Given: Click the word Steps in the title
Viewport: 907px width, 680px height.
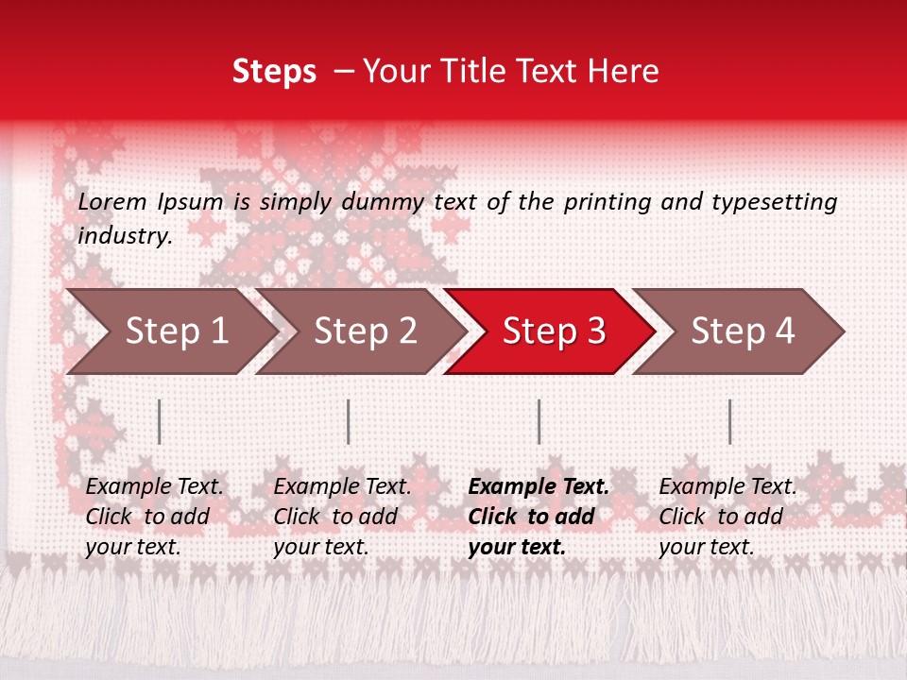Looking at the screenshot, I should tap(274, 72).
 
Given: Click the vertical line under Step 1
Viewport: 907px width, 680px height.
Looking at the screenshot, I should tap(160, 421).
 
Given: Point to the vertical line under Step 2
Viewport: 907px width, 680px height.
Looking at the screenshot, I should tap(349, 421).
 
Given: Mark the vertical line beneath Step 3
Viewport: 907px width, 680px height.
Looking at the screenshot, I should tap(539, 421).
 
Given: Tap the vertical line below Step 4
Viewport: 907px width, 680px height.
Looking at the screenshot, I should tap(730, 421).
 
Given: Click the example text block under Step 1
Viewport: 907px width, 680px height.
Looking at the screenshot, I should tap(154, 517).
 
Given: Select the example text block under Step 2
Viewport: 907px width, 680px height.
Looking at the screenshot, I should tap(342, 517).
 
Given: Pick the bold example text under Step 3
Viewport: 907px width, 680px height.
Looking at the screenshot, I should tap(539, 517).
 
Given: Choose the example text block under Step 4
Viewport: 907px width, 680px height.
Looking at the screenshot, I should tap(727, 517).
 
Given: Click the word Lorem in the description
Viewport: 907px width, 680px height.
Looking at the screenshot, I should tap(112, 202).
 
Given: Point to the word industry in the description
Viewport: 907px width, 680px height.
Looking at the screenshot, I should tap(125, 236).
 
